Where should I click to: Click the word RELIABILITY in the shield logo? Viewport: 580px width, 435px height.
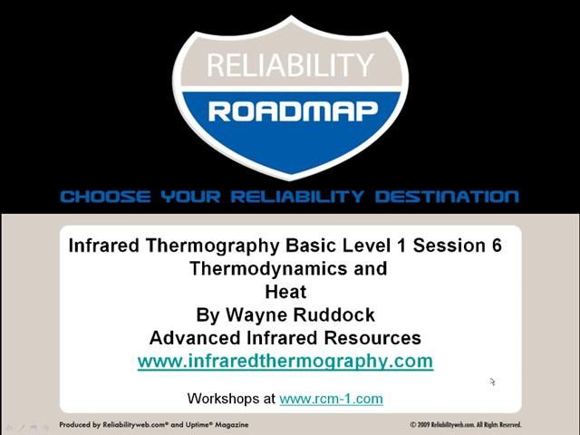tap(289, 65)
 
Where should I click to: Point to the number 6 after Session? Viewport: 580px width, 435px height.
tap(496, 246)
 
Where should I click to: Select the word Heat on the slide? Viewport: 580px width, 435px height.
tap(285, 292)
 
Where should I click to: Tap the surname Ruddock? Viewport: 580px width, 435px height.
tap(335, 315)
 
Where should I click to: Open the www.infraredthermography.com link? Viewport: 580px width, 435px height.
tap(285, 362)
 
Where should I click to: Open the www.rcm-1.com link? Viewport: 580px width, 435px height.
tap(331, 399)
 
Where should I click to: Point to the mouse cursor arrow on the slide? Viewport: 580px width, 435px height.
tap(492, 382)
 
